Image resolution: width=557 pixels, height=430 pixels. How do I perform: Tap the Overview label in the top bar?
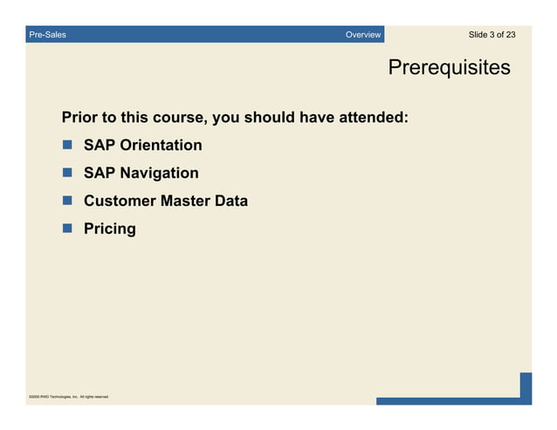pyautogui.click(x=362, y=35)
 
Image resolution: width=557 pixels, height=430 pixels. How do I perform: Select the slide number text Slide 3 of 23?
pyautogui.click(x=492, y=35)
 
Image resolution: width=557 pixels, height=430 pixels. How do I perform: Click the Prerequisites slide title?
pyautogui.click(x=449, y=67)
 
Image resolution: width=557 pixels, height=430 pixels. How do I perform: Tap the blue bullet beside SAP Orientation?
pyautogui.click(x=67, y=145)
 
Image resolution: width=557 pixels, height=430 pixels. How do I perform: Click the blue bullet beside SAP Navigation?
pyautogui.click(x=67, y=173)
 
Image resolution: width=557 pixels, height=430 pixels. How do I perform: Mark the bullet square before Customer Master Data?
pyautogui.click(x=67, y=201)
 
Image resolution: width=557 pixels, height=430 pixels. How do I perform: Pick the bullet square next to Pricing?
pyautogui.click(x=67, y=229)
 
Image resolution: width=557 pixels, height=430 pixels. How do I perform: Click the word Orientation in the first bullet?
pyautogui.click(x=161, y=145)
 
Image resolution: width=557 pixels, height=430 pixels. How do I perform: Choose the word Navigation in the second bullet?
pyautogui.click(x=159, y=174)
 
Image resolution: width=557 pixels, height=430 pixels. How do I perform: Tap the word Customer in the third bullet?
pyautogui.click(x=120, y=201)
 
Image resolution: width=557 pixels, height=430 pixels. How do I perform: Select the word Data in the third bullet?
pyautogui.click(x=231, y=201)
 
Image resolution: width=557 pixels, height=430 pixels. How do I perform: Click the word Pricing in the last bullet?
pyautogui.click(x=110, y=229)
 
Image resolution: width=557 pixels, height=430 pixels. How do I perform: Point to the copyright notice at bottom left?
pyautogui.click(x=68, y=397)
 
